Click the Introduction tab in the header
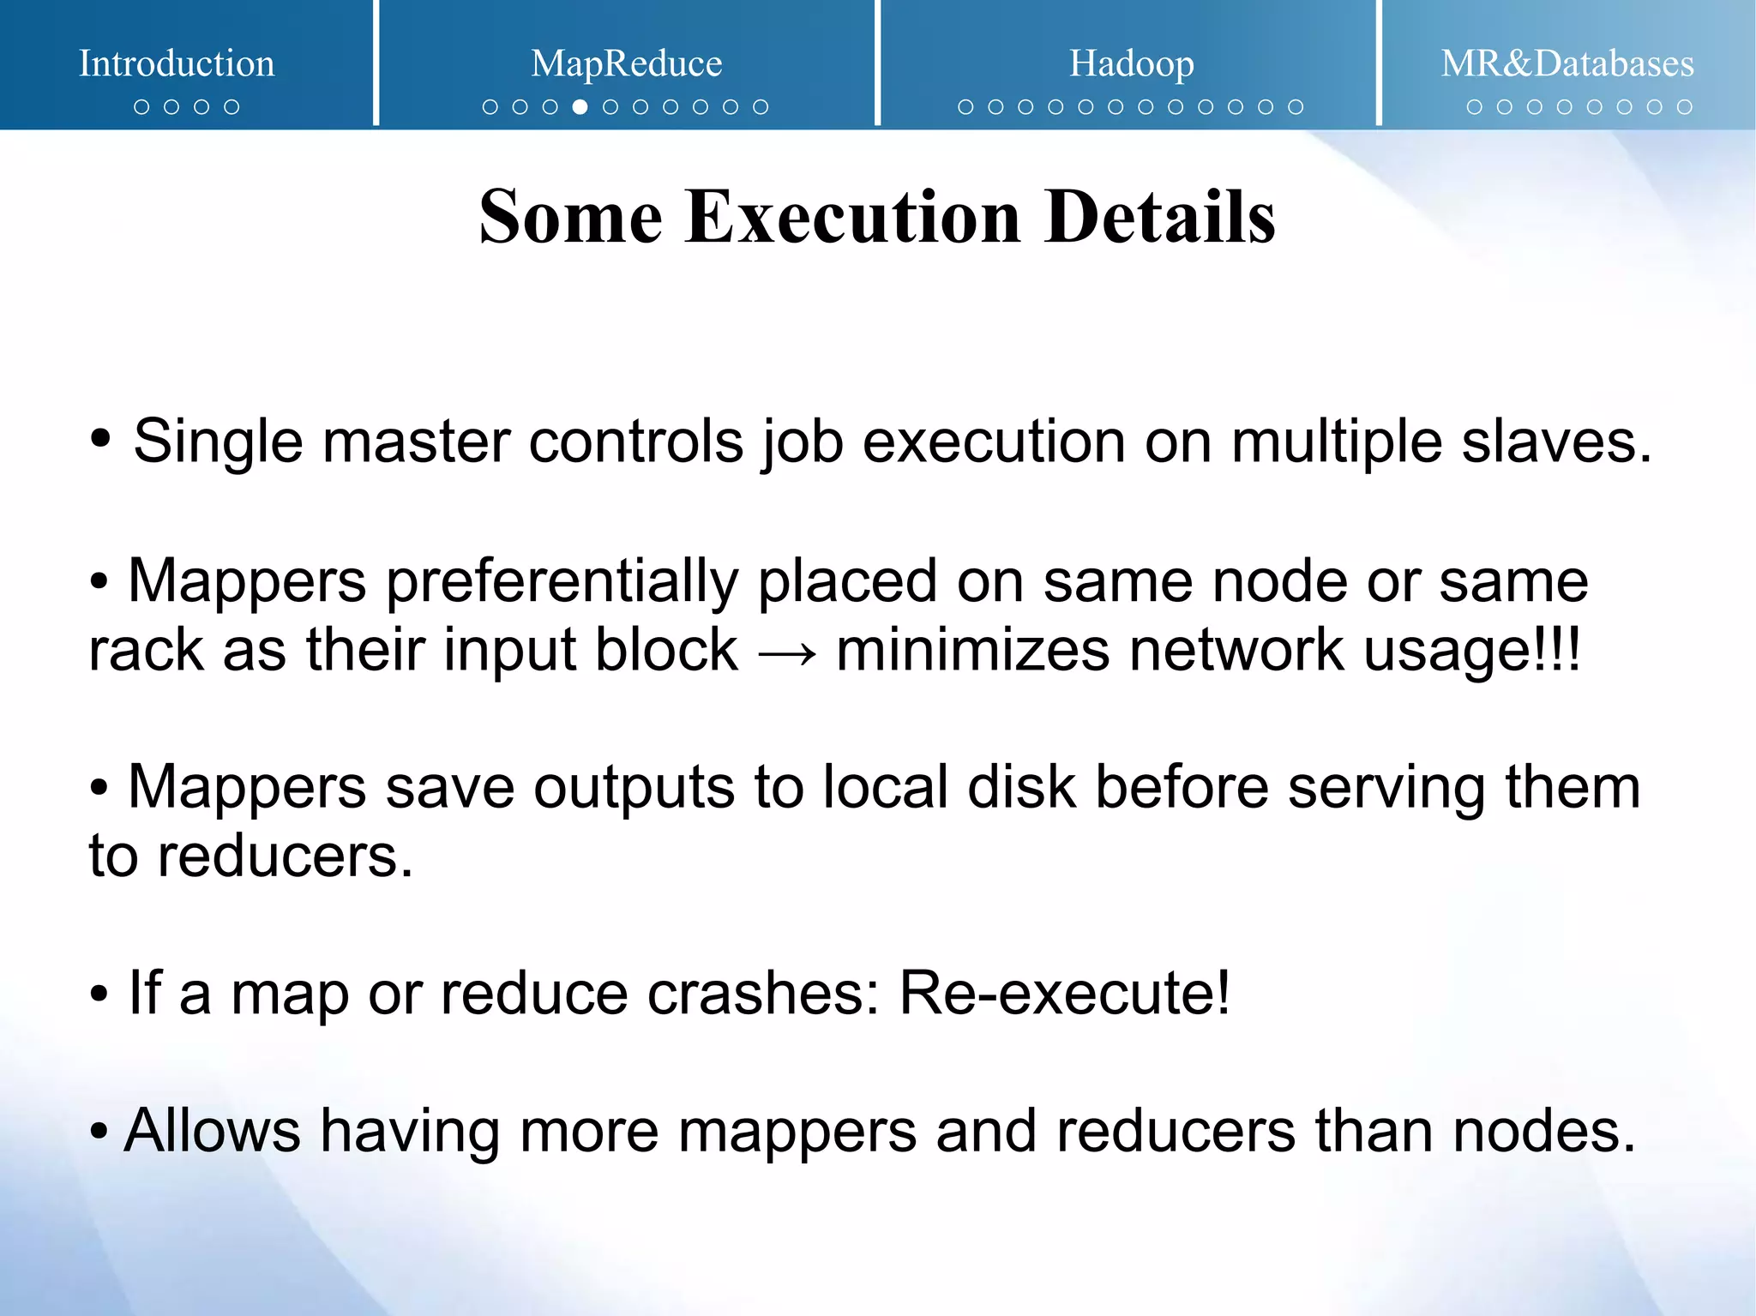coord(177,63)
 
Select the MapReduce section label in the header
coord(626,63)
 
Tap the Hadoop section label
coord(1131,63)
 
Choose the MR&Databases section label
coord(1567,63)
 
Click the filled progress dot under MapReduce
coord(580,107)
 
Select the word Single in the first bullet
coord(218,442)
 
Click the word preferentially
coord(562,581)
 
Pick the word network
coord(1236,650)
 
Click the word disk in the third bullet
coord(1021,787)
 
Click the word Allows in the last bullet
coord(212,1131)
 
